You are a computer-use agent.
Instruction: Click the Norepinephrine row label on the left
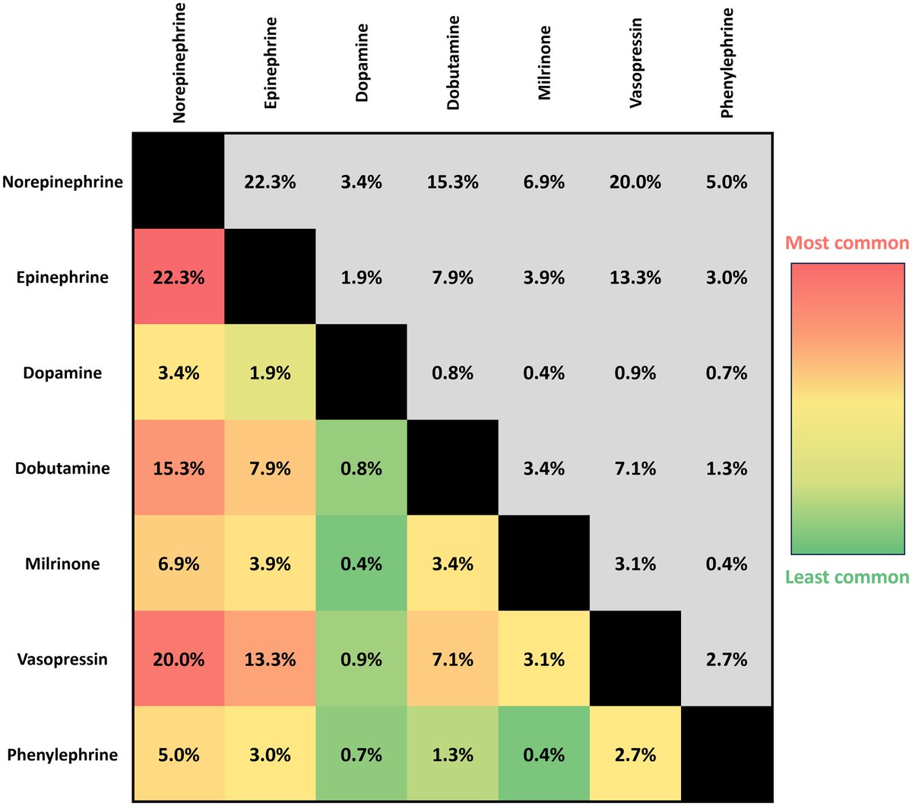coord(62,182)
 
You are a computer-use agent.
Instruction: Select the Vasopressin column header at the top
coord(636,62)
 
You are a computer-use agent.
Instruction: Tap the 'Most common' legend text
coord(847,243)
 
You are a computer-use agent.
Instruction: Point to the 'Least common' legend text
coord(847,577)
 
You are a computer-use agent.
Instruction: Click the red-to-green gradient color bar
coord(847,408)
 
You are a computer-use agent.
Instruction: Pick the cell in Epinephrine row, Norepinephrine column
coord(179,278)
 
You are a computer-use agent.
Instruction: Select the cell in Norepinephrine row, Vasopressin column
coord(635,182)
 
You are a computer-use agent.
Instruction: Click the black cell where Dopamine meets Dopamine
coord(361,373)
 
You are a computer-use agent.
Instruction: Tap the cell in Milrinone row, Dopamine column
coord(361,563)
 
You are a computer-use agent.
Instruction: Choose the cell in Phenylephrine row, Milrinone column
coord(544,754)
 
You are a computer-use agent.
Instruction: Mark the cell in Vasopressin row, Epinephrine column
coord(270,659)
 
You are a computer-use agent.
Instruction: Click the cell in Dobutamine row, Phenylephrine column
coord(727,468)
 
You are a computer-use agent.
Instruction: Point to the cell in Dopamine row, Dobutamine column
coord(453,373)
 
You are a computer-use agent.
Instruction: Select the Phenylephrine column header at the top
coord(727,62)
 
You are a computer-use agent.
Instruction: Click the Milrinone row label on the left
coord(62,563)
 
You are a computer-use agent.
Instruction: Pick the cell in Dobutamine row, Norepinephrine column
coord(179,468)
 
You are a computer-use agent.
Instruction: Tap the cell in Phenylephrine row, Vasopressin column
coord(635,754)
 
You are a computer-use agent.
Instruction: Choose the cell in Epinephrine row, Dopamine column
coord(361,278)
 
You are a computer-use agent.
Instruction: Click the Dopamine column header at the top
coord(362,62)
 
